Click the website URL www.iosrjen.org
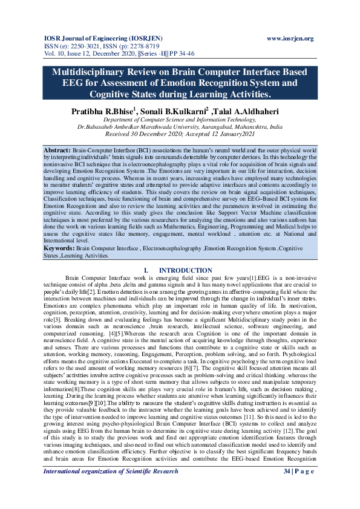290,39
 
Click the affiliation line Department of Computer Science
180,120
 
